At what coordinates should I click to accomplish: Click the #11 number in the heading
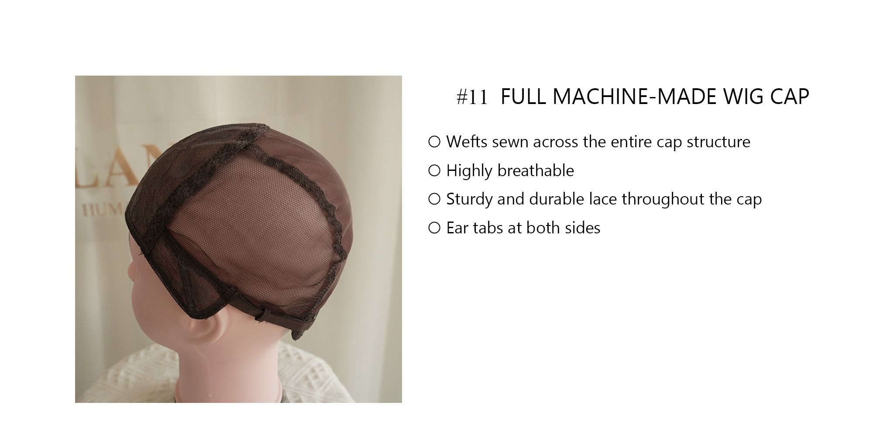(471, 97)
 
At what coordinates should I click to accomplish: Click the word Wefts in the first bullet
(466, 142)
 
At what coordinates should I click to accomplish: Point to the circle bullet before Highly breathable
(434, 170)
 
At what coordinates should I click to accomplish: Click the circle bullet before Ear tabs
(434, 228)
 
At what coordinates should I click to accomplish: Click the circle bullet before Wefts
(434, 142)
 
